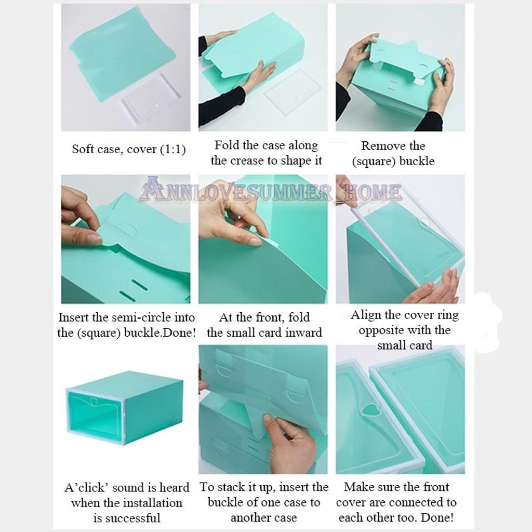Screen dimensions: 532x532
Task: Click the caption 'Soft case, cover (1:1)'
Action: click(x=129, y=149)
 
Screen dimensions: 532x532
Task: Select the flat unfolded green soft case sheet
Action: click(x=123, y=54)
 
